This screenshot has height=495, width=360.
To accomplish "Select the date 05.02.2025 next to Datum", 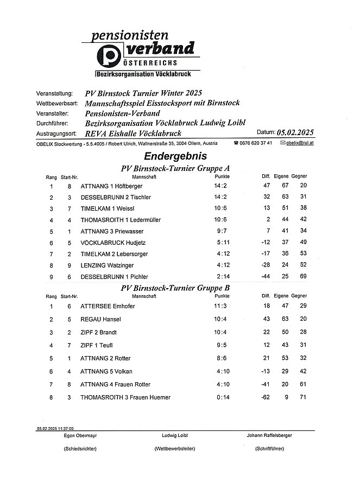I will click(x=295, y=133).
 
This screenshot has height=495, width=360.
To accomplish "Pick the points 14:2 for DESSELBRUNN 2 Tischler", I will click(x=221, y=197).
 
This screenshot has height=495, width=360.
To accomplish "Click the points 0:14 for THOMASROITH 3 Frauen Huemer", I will click(x=221, y=398).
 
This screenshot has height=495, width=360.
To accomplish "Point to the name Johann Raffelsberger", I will click(x=270, y=436).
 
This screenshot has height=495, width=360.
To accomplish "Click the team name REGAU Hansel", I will click(x=100, y=320).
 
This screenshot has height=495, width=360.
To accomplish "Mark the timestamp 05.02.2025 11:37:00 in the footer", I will click(x=55, y=428).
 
